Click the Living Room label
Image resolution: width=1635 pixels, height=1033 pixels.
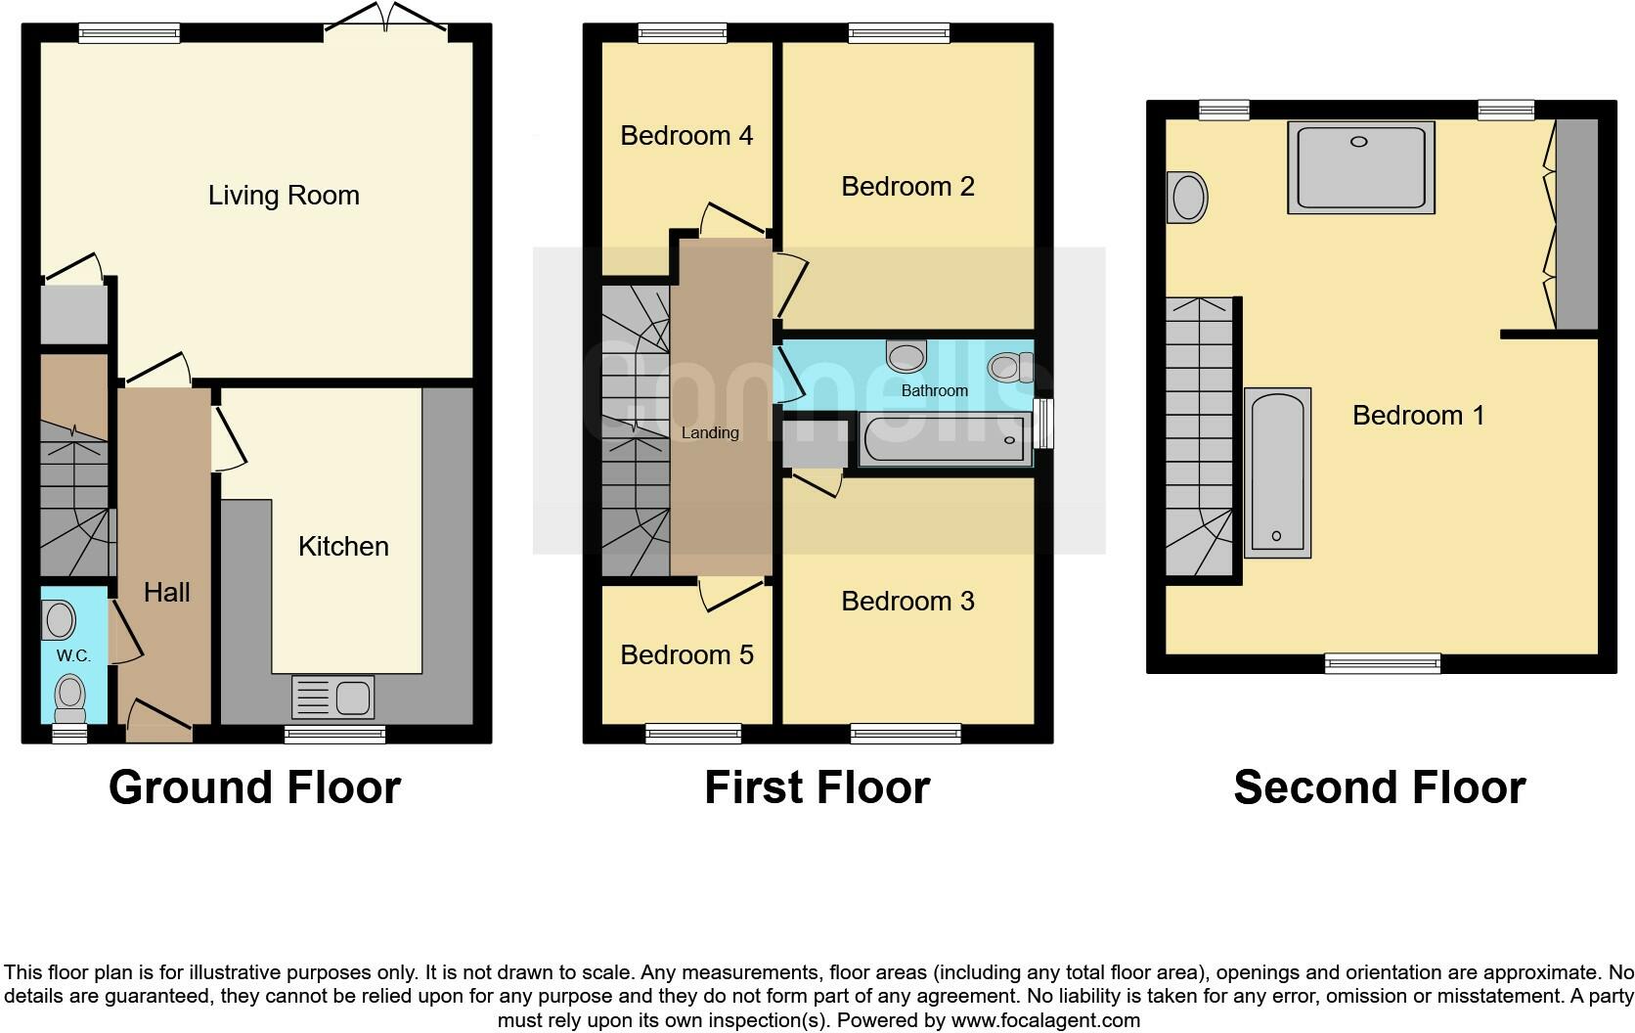(284, 196)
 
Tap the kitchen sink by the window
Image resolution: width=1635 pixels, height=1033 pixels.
(332, 697)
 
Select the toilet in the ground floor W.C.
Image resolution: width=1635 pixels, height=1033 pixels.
(69, 696)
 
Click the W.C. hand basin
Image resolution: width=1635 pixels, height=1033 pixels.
(60, 619)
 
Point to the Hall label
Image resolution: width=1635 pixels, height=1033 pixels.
(166, 592)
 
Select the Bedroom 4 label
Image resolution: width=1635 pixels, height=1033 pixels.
(686, 135)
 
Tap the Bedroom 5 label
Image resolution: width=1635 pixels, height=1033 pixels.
(686, 654)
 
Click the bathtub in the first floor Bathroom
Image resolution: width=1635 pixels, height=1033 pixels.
(945, 439)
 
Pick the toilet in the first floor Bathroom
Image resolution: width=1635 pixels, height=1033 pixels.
(1009, 367)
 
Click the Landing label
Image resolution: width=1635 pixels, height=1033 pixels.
(710, 432)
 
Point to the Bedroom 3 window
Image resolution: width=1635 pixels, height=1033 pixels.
(906, 733)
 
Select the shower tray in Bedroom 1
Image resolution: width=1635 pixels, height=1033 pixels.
(1360, 166)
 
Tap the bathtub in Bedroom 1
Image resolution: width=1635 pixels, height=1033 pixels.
(1277, 472)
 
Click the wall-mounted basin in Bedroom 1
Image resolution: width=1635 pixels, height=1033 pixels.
(1187, 198)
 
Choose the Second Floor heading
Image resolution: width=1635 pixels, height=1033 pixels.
(1379, 787)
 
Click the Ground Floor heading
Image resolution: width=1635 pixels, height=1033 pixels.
(254, 787)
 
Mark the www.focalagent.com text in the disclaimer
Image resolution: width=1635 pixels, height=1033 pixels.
(1044, 1020)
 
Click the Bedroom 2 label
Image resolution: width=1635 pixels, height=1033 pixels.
(907, 186)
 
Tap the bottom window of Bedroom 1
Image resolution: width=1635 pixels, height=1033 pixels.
(1382, 664)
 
